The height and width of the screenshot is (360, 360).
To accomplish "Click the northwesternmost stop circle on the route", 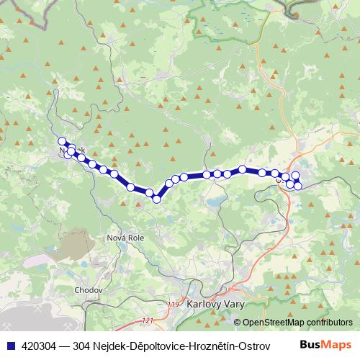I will point(62,141).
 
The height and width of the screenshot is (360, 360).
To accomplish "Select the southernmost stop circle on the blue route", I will point(156,199).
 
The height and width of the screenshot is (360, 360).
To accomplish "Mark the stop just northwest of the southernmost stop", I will point(149,192).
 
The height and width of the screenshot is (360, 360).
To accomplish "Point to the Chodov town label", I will point(89,290).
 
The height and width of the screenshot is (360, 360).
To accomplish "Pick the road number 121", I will point(149,320).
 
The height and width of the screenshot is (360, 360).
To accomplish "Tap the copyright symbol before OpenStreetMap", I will point(237,322).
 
